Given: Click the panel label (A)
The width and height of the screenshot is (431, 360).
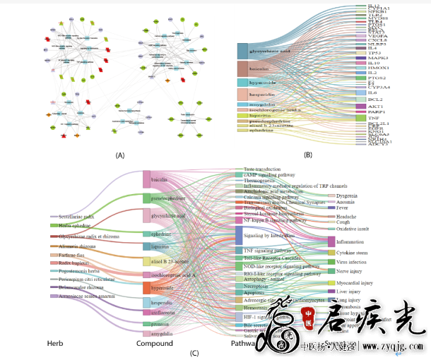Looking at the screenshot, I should [x=100, y=154].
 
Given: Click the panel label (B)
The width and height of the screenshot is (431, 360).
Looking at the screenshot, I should [x=308, y=154].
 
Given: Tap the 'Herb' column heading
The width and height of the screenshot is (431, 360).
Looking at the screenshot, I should [x=55, y=344].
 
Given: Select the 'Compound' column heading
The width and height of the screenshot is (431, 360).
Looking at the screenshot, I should [x=154, y=344].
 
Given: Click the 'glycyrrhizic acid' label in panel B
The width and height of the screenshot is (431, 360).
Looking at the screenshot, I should [x=272, y=51].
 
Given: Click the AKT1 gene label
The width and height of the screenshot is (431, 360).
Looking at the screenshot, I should [x=375, y=106].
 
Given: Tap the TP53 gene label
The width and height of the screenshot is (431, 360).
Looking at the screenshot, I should [x=374, y=53].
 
